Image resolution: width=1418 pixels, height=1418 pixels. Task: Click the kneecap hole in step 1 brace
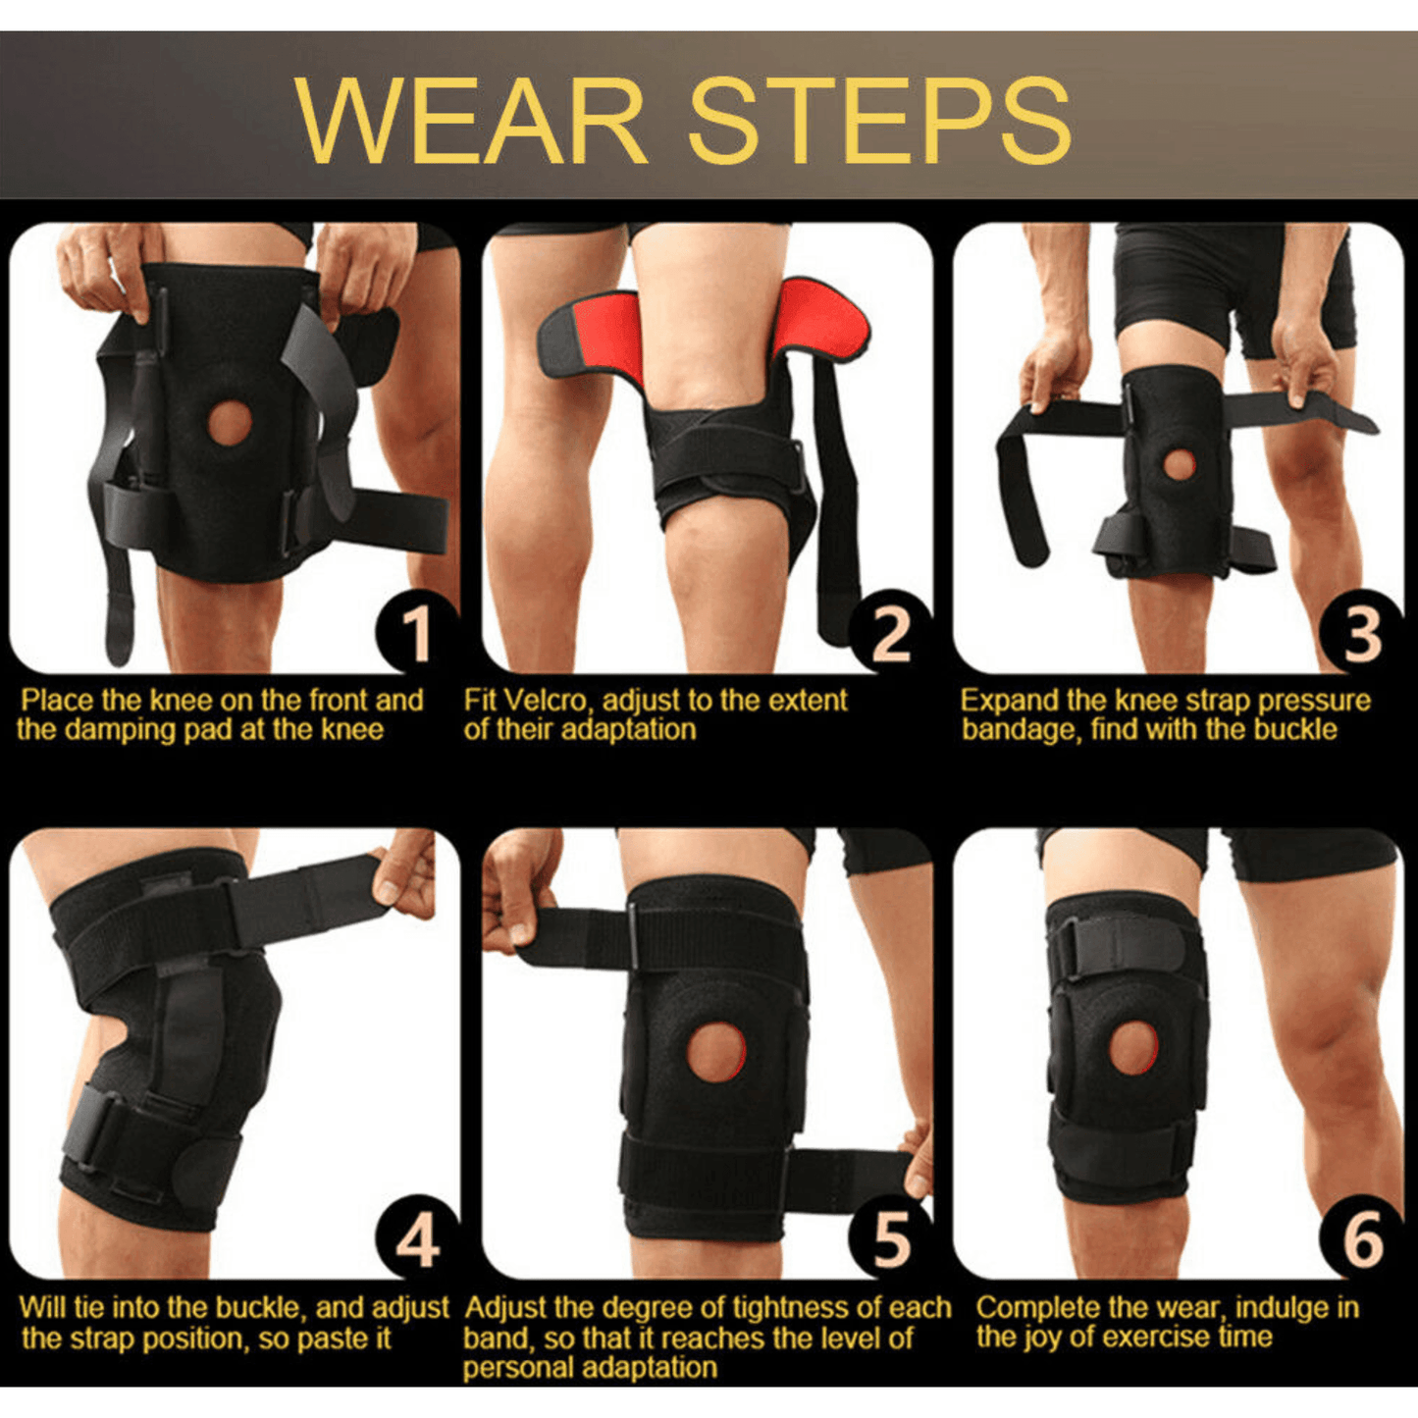(x=230, y=422)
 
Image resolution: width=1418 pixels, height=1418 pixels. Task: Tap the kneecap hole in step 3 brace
(x=1180, y=463)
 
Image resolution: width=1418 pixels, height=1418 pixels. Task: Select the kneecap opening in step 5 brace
(x=715, y=1051)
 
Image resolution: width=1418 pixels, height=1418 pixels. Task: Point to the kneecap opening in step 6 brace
(x=1134, y=1047)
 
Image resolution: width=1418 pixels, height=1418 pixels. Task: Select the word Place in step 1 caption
(x=58, y=700)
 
